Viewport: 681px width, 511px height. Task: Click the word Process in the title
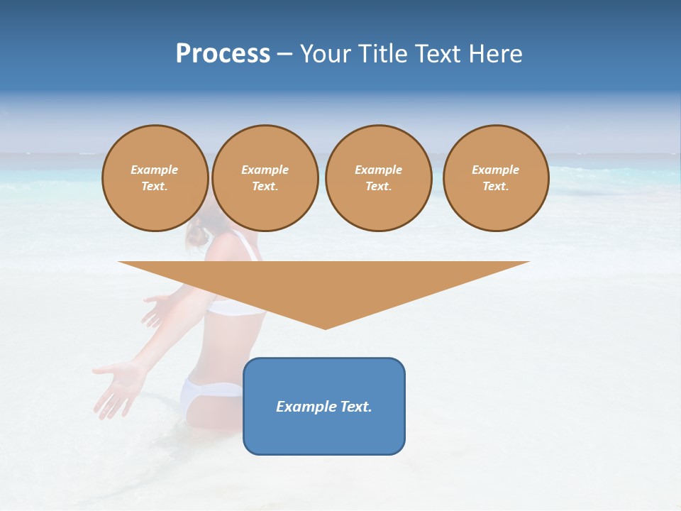(223, 54)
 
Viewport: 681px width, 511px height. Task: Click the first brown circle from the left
(155, 178)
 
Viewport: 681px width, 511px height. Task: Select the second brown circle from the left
(265, 178)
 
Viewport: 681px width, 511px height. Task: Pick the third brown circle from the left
(379, 178)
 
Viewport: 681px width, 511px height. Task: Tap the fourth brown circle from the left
(496, 178)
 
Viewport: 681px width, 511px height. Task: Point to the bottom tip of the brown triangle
(325, 328)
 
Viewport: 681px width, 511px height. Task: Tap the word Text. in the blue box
(356, 407)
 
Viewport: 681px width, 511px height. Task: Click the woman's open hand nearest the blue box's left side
(117, 383)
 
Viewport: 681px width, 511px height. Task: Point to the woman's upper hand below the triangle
(157, 309)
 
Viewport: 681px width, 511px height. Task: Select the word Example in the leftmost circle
(155, 170)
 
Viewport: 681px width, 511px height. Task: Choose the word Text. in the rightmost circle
(496, 186)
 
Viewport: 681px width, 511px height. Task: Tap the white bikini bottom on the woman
(206, 394)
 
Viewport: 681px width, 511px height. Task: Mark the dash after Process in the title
(285, 54)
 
